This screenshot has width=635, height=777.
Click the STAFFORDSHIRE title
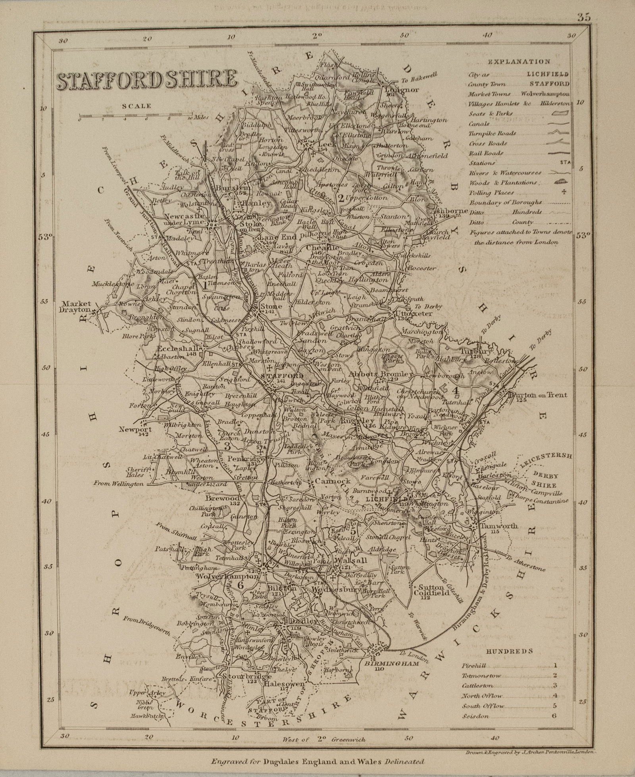(x=147, y=80)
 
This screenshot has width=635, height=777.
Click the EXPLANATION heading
(x=519, y=62)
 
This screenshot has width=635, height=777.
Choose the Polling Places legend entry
(x=491, y=193)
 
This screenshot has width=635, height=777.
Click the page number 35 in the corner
(x=584, y=17)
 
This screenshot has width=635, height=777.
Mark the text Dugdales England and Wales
(x=317, y=761)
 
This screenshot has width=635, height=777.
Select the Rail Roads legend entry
(x=486, y=153)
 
